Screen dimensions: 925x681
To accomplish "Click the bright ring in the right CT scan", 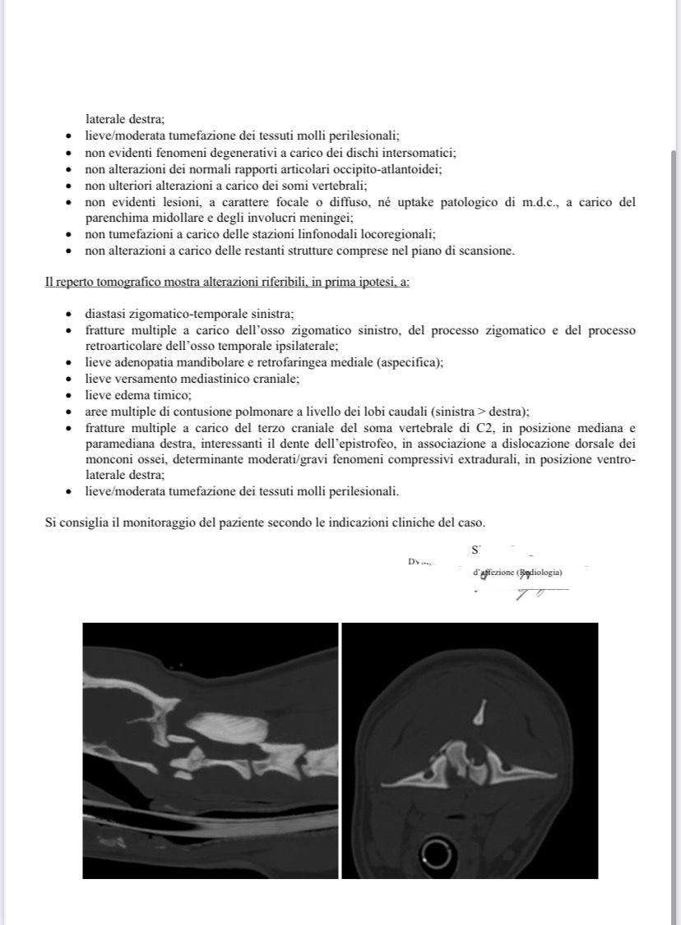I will click(437, 856).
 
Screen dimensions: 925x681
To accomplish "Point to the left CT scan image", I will click(211, 750).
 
